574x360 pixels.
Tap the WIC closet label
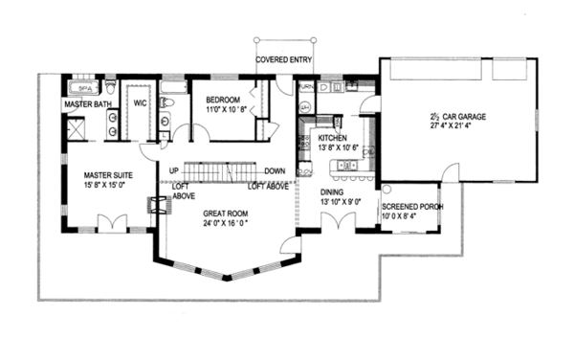[x=140, y=101]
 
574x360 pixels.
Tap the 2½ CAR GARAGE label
[x=457, y=117]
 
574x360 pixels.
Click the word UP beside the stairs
[x=175, y=171]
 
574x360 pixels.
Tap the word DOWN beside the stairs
[x=276, y=171]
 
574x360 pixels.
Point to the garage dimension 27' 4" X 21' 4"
[x=457, y=127]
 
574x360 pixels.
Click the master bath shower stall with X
[x=76, y=124]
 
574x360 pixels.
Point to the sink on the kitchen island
[x=348, y=166]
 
